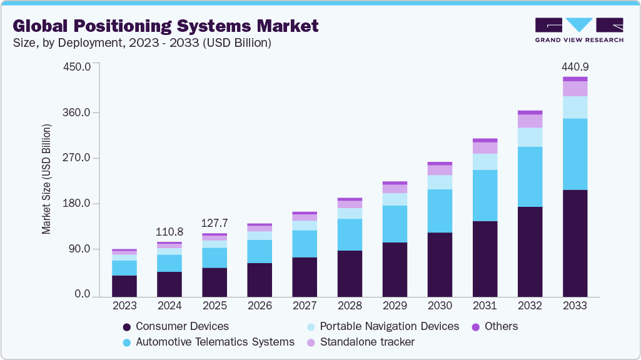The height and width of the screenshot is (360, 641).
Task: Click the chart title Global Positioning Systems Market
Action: coord(166,26)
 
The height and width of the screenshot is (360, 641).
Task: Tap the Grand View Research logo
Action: coord(578,29)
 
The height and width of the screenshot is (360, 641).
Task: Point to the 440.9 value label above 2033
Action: coord(575,67)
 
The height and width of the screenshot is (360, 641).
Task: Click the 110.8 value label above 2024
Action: coord(169,231)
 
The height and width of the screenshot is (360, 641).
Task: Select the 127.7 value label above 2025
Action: coord(215,223)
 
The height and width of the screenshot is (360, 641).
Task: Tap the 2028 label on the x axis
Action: coord(350,306)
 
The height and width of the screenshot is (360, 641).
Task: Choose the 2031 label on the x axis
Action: coord(485,306)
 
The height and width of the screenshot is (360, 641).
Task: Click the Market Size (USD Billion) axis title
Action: coord(46,180)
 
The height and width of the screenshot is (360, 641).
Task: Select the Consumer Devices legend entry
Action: coord(181,326)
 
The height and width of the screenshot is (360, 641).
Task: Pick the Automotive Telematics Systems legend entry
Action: coord(215,342)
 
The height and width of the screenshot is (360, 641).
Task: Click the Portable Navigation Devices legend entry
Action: coord(389,326)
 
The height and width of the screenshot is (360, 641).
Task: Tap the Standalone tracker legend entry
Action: coord(366,342)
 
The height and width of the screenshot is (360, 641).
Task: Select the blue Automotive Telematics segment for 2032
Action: coord(530,177)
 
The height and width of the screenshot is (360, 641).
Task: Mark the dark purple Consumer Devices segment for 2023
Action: coord(124,286)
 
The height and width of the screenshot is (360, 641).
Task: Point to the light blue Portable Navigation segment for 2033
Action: coord(575,107)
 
